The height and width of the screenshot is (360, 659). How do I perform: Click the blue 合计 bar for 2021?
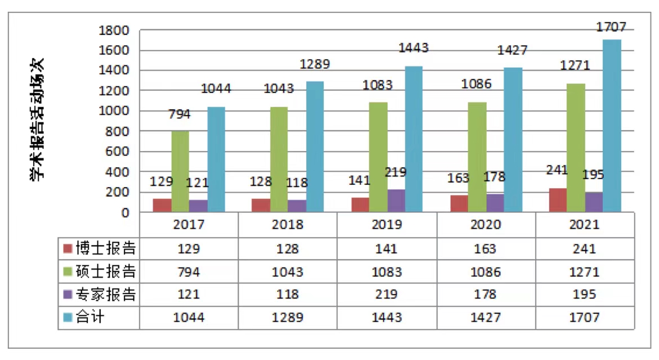[612, 126]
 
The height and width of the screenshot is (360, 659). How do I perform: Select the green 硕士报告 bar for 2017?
[180, 172]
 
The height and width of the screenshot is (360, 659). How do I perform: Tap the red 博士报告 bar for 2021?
[558, 200]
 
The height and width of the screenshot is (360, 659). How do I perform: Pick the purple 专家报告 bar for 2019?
[396, 201]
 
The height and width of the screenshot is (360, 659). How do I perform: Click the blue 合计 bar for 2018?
[315, 147]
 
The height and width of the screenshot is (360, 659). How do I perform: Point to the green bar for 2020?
[477, 157]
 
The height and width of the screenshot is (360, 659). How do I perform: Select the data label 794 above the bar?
[180, 114]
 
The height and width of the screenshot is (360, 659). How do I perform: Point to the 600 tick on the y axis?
[118, 152]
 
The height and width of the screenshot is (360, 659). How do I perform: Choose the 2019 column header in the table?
[387, 224]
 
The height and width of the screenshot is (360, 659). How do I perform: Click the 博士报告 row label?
[106, 248]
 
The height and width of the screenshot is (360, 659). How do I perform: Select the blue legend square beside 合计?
[68, 318]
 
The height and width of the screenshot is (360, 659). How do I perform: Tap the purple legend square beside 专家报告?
[68, 295]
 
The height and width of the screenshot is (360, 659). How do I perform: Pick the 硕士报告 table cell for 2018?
[288, 272]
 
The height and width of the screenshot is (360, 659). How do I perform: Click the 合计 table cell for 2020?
[486, 318]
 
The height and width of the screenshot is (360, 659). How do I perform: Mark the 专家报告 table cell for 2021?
[585, 295]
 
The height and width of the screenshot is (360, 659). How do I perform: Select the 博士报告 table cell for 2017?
[189, 248]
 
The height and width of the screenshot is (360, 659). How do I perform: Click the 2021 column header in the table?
[585, 224]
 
